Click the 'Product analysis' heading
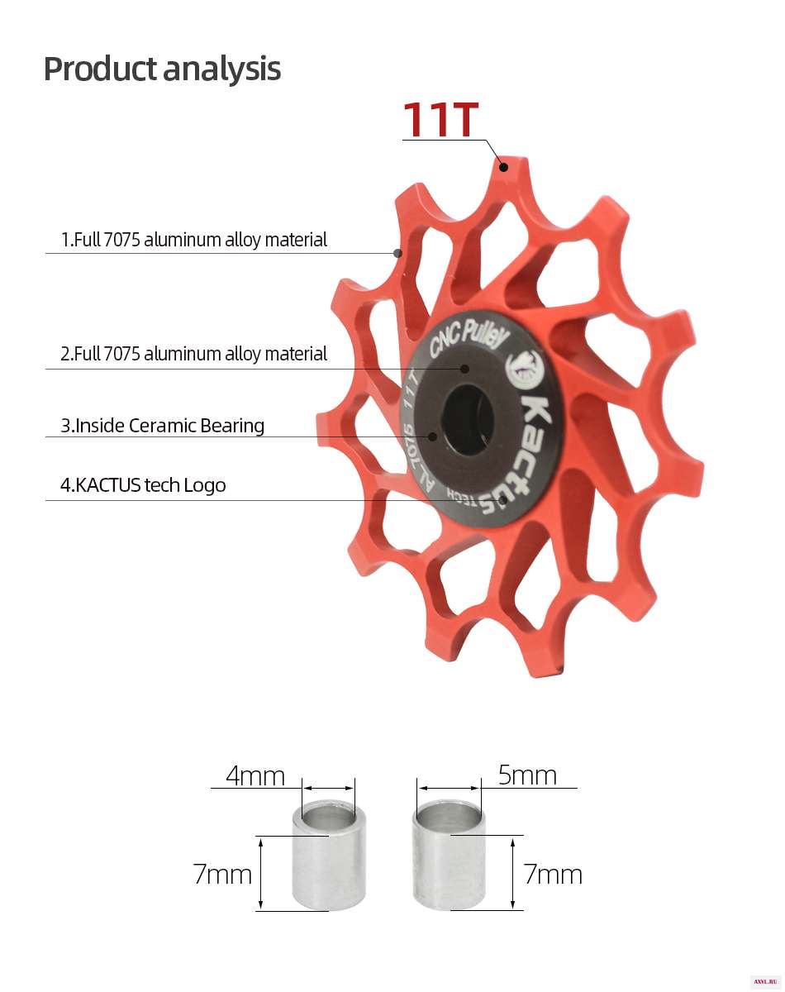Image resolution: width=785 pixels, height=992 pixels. click(162, 69)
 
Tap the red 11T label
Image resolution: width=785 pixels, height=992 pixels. click(440, 119)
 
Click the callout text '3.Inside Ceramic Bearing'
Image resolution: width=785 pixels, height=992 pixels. click(163, 426)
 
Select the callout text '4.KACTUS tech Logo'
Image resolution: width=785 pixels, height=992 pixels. click(143, 485)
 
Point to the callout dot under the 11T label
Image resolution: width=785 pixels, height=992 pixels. click(504, 167)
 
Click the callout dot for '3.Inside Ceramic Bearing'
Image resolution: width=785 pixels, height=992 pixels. click(432, 436)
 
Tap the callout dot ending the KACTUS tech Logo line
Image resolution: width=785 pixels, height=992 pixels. click(504, 500)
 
